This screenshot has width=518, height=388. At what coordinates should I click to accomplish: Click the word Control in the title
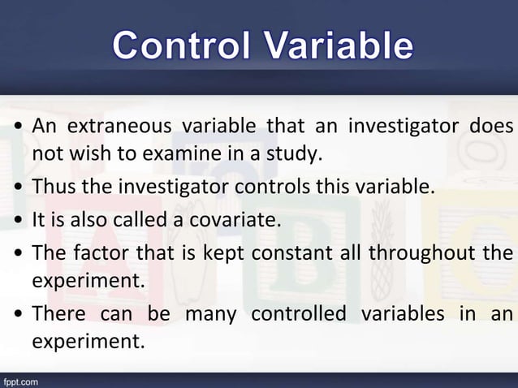click(x=189, y=45)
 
